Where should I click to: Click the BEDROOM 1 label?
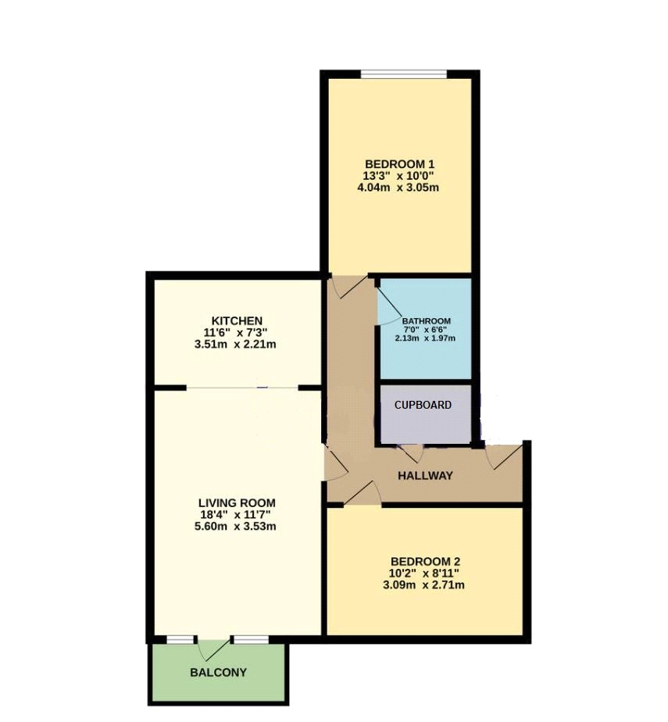[399, 164]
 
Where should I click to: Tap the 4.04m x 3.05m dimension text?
[398, 188]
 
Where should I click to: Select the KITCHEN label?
[237, 320]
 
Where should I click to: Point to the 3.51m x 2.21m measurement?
[235, 344]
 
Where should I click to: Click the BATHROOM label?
[427, 321]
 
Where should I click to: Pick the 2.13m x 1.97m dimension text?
[425, 338]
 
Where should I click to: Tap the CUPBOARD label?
[423, 405]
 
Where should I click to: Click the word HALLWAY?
[425, 476]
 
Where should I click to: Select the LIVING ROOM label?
[237, 503]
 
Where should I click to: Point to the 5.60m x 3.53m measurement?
[235, 527]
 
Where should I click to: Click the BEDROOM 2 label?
[425, 562]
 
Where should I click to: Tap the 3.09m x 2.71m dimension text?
[423, 585]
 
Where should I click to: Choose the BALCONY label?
[218, 673]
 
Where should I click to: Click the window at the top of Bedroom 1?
[404, 74]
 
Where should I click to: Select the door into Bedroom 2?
[363, 494]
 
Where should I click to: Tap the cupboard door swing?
[412, 453]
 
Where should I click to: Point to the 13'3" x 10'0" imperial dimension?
[399, 176]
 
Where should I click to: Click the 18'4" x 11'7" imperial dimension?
[235, 514]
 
